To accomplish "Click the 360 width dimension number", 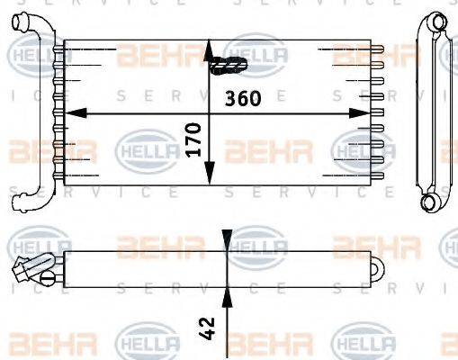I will (x=244, y=98).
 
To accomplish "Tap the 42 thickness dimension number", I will (x=209, y=327).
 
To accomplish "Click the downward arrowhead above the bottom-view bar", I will (x=226, y=243).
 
